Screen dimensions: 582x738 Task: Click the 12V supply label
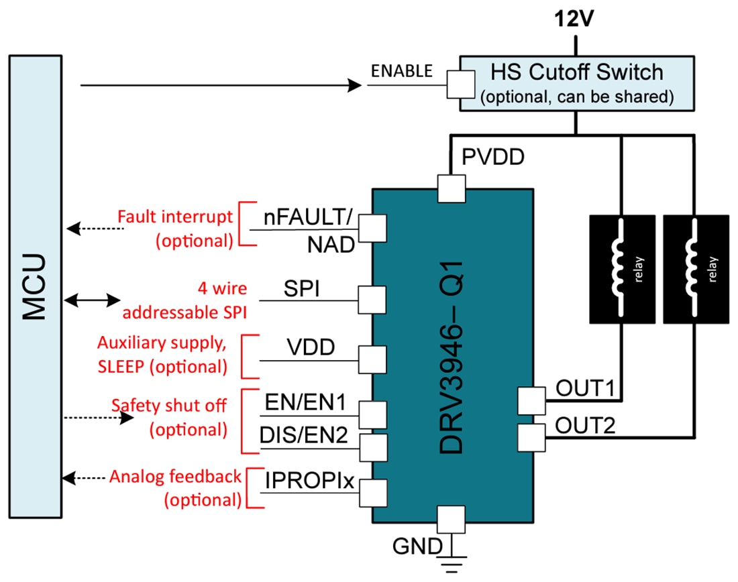(574, 19)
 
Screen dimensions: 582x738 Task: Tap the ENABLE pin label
(403, 71)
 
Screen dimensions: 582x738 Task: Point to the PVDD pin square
(452, 188)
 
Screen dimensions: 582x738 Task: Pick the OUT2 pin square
(531, 438)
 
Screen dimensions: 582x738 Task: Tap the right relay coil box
(696, 268)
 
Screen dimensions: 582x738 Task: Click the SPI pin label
(301, 290)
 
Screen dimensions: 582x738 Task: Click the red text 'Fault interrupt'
(175, 217)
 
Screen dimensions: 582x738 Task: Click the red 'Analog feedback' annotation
(175, 477)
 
